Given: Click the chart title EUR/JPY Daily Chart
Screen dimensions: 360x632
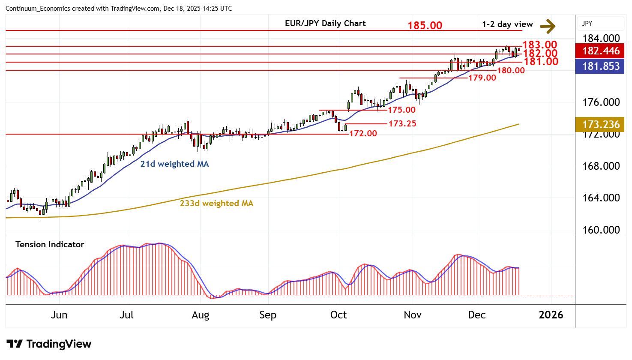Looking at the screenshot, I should click(325, 24).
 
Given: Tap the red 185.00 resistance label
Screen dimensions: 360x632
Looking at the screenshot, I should click(425, 26).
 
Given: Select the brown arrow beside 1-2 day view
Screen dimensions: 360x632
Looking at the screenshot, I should click(548, 26).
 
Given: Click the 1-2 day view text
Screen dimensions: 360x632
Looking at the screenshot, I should click(507, 24).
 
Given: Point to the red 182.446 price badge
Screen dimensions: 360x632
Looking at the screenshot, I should click(601, 51).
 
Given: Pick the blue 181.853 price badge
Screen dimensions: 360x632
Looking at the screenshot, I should click(601, 66).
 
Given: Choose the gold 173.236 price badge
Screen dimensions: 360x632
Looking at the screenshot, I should click(601, 125).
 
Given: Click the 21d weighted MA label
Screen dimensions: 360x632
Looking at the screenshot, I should click(174, 164).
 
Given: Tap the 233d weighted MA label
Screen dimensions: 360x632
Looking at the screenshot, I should click(216, 204).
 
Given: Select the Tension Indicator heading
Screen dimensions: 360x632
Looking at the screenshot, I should click(50, 245).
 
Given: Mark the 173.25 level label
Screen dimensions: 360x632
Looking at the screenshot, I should click(402, 124).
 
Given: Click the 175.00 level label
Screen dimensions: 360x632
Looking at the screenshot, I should click(401, 110).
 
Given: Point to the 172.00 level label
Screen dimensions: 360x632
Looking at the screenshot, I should click(363, 134).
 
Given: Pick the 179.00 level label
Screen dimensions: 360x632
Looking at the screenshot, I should click(482, 78).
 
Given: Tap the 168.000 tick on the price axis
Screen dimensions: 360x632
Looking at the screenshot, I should click(601, 166).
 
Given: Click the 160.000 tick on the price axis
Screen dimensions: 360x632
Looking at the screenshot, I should click(601, 230).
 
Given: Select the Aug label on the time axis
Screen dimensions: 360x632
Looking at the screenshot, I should click(200, 315).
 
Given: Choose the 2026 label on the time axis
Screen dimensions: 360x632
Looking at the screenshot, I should click(551, 315).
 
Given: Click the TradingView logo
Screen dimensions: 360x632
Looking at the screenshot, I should click(49, 344).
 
